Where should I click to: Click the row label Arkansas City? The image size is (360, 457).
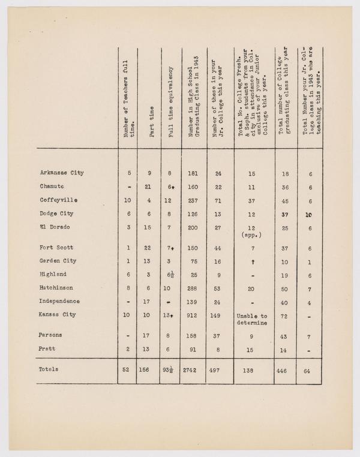tap(62, 173)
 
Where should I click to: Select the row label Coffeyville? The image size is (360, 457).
tap(59, 199)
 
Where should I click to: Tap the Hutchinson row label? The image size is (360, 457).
tap(58, 288)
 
